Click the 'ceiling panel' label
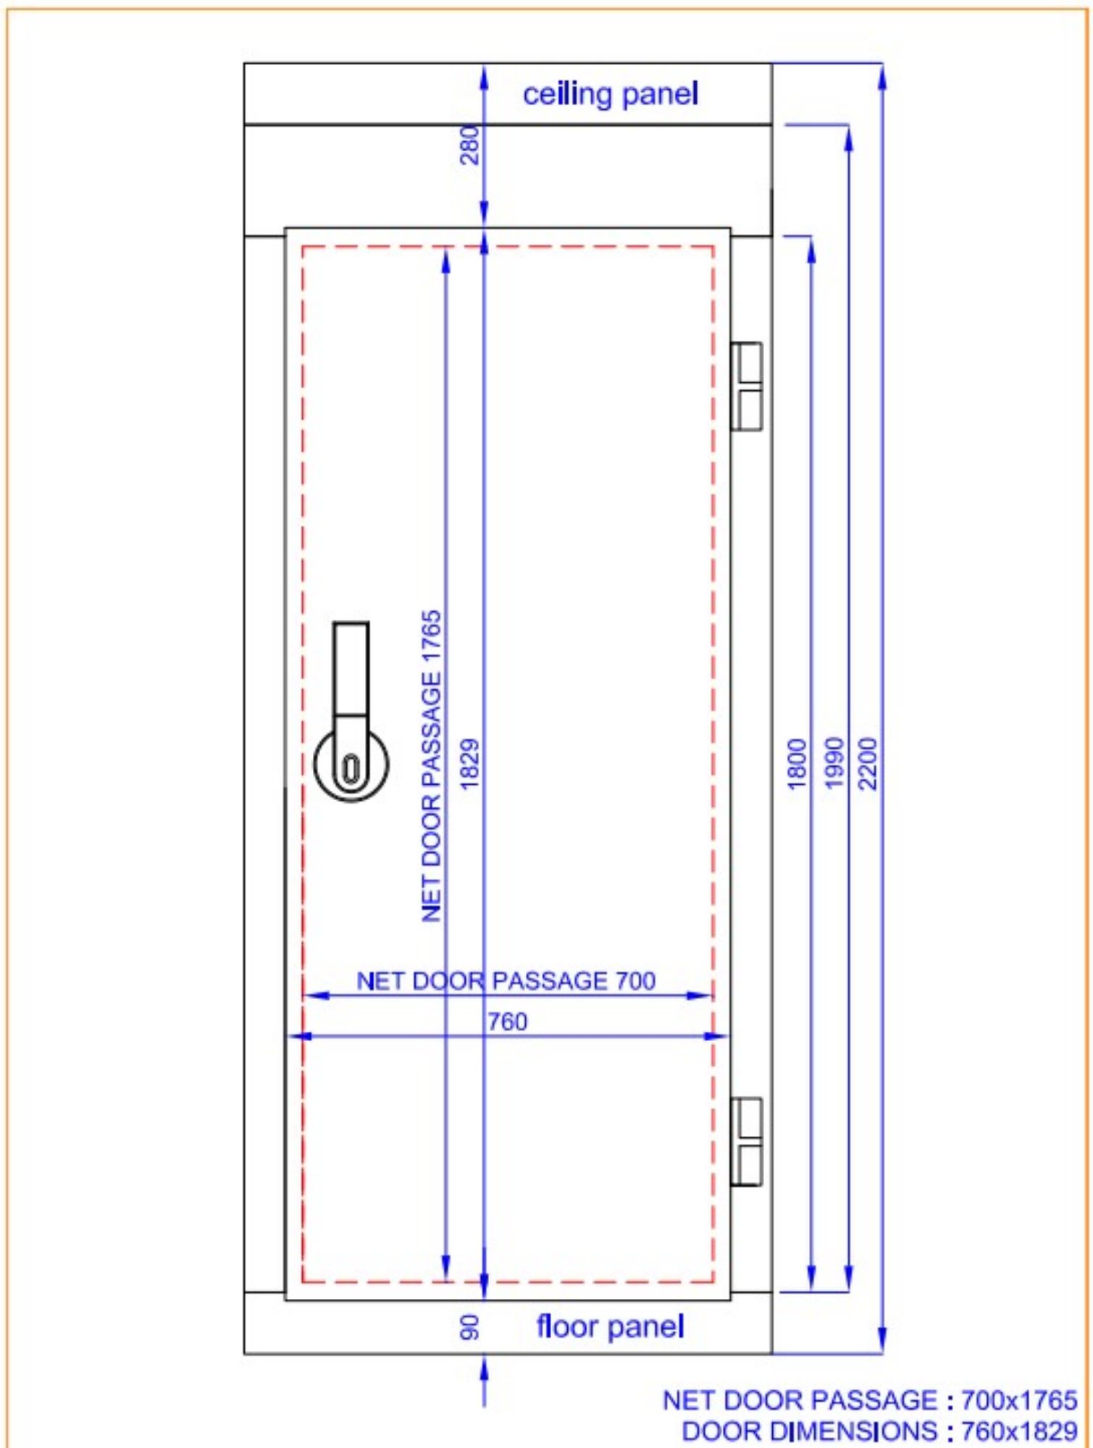(x=610, y=95)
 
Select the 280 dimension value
(x=469, y=146)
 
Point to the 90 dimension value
(x=469, y=1327)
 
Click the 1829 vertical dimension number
(x=469, y=764)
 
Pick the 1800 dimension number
(x=796, y=764)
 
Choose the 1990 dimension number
(x=834, y=764)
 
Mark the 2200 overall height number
(x=867, y=764)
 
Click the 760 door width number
(x=507, y=1022)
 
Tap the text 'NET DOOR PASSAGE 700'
(x=506, y=981)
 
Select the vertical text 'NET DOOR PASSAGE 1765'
(x=432, y=766)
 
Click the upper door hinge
(x=747, y=387)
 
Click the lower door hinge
(x=747, y=1142)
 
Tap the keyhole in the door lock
(x=351, y=768)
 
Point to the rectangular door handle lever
(x=351, y=669)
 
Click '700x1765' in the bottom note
(x=1018, y=1401)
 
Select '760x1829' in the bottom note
(x=1018, y=1431)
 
